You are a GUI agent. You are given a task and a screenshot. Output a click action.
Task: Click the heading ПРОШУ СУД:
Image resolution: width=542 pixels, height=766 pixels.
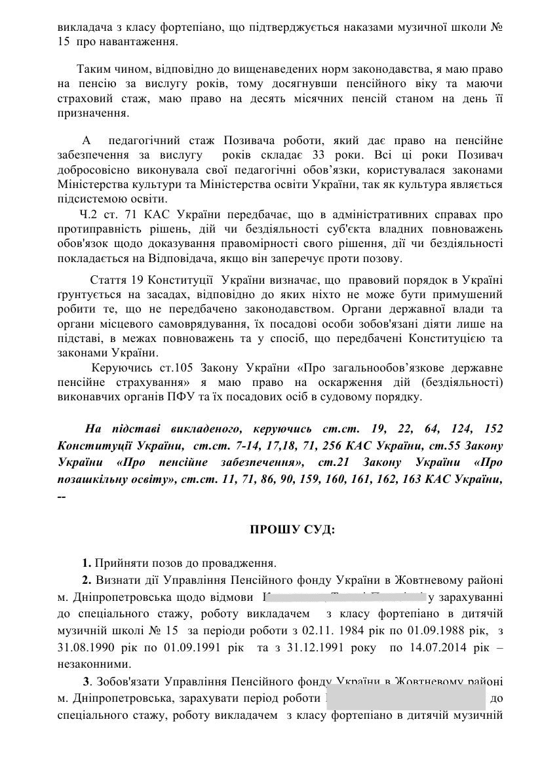[x=292, y=529]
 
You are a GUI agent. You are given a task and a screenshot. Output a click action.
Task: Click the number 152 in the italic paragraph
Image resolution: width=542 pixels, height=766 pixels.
[x=493, y=429]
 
